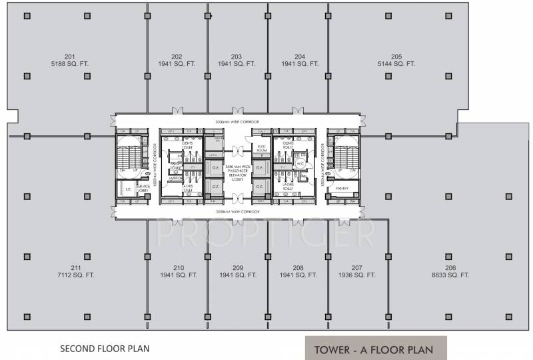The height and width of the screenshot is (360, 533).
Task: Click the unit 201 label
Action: (x=70, y=56)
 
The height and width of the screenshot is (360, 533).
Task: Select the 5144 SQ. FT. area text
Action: (x=396, y=64)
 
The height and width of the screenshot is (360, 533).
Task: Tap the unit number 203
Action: (x=237, y=56)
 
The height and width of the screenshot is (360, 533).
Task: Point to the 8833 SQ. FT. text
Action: (x=451, y=275)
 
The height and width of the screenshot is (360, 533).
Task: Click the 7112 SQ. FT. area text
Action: (x=75, y=275)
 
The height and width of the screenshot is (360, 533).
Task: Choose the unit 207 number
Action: (x=357, y=267)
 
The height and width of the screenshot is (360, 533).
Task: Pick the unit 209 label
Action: (x=237, y=267)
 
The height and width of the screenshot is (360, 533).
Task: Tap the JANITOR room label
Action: (x=176, y=178)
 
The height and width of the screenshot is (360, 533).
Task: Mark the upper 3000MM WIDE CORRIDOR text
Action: (x=237, y=122)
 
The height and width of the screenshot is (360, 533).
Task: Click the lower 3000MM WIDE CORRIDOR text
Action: (x=237, y=211)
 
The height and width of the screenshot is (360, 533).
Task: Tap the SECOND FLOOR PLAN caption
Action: (x=105, y=348)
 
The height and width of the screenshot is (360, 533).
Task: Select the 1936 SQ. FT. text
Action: (x=357, y=275)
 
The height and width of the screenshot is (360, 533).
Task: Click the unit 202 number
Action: (x=177, y=56)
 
